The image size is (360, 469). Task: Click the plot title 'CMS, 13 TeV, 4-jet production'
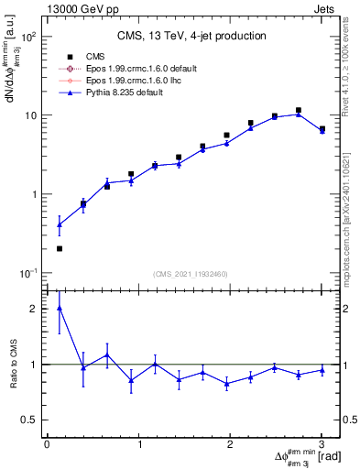click(191, 36)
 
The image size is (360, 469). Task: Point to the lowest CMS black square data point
click(60, 248)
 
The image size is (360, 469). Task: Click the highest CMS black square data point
click(299, 110)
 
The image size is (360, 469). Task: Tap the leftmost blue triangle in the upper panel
click(60, 224)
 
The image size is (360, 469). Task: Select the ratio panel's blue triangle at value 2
click(60, 308)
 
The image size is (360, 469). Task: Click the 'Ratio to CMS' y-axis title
click(12, 364)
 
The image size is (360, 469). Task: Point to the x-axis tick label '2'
click(230, 444)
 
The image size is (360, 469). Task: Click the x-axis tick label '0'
click(47, 444)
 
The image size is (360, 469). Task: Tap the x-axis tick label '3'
click(322, 444)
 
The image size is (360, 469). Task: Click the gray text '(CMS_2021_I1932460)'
click(191, 275)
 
